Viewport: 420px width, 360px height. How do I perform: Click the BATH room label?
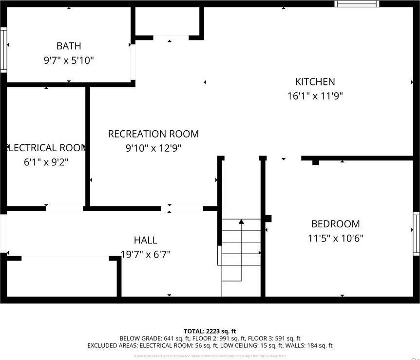coord(69,46)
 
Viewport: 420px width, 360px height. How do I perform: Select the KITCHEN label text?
coord(315,82)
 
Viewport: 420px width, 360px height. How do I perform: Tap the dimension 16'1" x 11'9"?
coord(315,96)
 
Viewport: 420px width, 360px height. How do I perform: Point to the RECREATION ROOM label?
coord(153,134)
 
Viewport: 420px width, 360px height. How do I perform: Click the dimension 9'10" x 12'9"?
coord(153,148)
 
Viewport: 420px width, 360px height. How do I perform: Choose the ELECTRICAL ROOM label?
coord(46,148)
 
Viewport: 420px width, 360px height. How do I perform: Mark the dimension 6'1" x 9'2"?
coord(46,162)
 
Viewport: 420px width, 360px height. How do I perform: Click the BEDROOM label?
coord(335,224)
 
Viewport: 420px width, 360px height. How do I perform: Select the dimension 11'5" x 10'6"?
coord(335,239)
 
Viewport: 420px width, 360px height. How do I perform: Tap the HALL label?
coord(145,240)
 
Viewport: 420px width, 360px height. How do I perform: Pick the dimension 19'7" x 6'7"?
coord(145,254)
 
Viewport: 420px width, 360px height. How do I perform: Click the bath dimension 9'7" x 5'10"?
coord(69,60)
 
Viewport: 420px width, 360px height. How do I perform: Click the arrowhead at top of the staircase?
coord(241,222)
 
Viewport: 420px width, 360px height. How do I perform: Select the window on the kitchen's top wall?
coord(357,4)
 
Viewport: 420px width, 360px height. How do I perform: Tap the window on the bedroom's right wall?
coord(416,234)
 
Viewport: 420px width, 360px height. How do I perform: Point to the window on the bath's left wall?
coord(3,50)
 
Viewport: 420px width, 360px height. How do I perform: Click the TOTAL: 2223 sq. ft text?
coord(210,331)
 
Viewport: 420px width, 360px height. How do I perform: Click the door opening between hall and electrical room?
coord(64,208)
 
